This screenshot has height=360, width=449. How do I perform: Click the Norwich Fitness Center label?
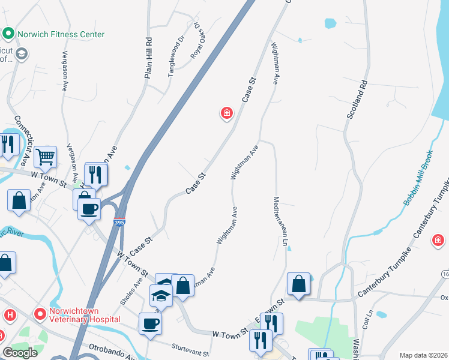click(61, 34)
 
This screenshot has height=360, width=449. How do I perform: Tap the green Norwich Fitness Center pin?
click(9, 34)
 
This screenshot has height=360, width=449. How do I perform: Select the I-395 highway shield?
click(119, 222)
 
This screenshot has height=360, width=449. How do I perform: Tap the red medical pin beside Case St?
click(226, 112)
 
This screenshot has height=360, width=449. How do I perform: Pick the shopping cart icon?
click(45, 157)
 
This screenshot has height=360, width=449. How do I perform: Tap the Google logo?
click(20, 353)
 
